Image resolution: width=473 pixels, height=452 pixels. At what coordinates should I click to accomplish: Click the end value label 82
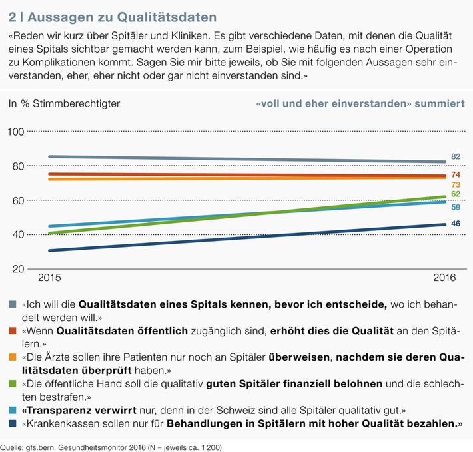coord(456,157)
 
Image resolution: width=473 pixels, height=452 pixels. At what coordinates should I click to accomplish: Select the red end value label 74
coord(456,174)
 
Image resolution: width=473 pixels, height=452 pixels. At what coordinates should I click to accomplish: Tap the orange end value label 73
coord(456,184)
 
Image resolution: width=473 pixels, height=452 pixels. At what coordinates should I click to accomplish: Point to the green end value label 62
coord(456,194)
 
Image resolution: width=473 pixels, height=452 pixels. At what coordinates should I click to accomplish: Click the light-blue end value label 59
coord(456,207)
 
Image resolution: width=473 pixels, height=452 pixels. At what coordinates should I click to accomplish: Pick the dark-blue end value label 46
coord(456,224)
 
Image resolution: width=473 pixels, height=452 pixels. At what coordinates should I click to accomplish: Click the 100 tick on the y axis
coord(17,132)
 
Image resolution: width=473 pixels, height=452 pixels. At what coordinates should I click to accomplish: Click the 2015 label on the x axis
coord(49,276)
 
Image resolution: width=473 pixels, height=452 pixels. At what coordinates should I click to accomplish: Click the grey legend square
coord(13,304)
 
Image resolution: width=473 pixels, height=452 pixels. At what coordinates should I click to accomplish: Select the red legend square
coord(13,330)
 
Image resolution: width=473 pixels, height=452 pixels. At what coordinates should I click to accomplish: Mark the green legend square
coord(13,384)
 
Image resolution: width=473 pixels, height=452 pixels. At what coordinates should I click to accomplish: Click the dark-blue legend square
coord(13,423)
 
